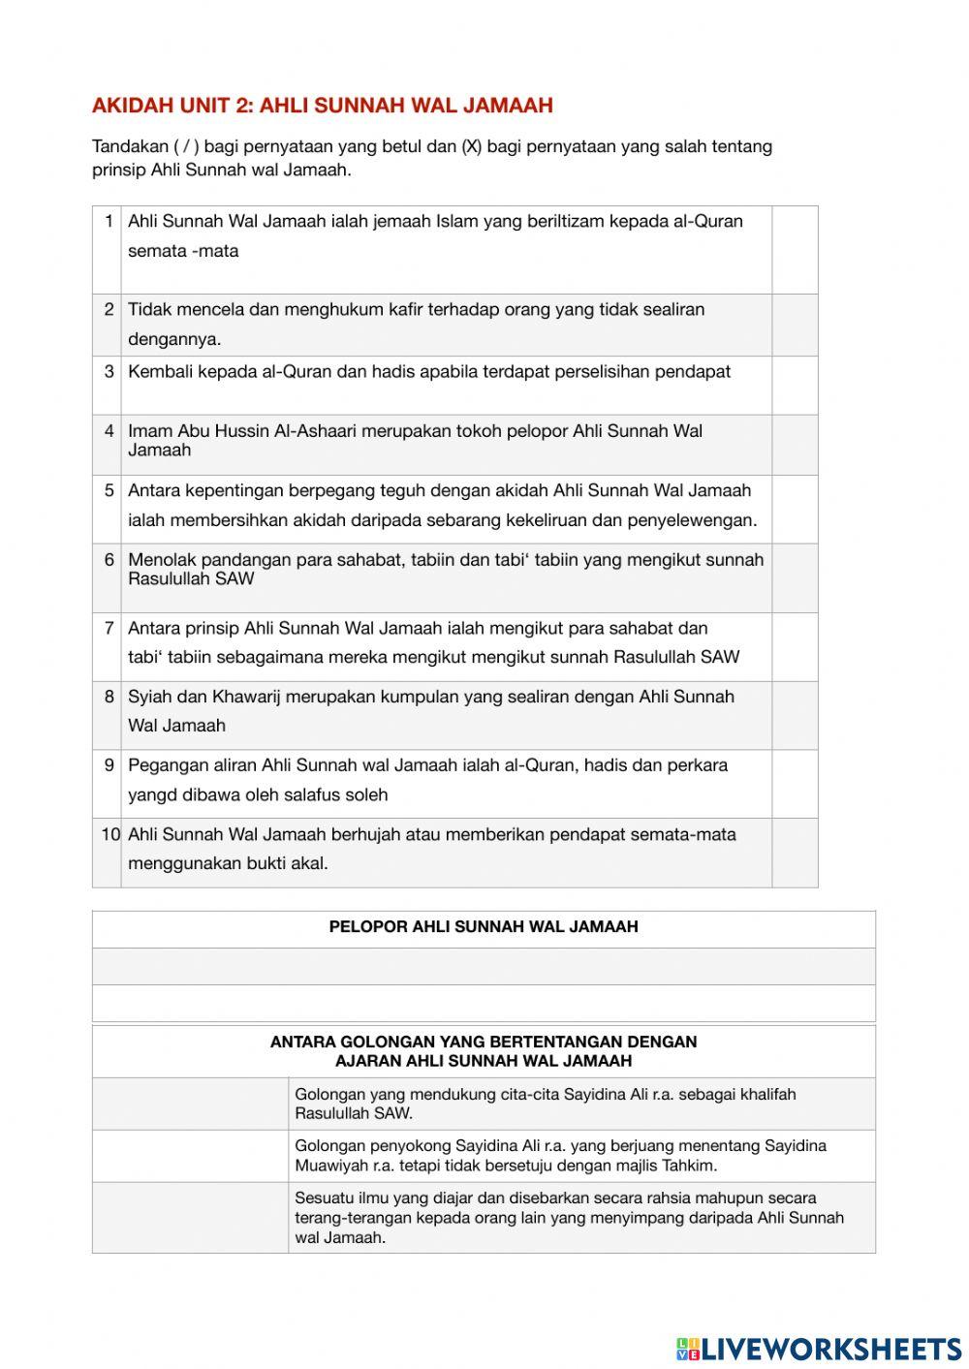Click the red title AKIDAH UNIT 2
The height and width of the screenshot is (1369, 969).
point(322,106)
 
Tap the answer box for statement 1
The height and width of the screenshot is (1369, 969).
point(795,249)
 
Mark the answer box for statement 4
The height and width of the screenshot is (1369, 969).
point(795,445)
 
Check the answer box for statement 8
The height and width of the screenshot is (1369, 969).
point(795,715)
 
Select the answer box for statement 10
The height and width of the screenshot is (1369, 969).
point(795,853)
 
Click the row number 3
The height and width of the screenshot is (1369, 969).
point(109,371)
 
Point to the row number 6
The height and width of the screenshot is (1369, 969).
point(109,560)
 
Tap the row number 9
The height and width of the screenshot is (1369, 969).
point(109,765)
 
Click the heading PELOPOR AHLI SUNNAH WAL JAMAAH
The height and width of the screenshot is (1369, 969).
point(484,927)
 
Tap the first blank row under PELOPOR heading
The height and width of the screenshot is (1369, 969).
point(484,966)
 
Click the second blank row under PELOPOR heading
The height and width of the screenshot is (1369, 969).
point(484,1003)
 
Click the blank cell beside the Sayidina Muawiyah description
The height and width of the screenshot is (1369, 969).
point(190,1156)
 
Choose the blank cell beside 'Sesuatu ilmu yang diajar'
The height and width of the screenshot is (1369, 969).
point(190,1217)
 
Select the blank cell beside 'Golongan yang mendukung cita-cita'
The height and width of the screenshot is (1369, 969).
point(190,1104)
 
